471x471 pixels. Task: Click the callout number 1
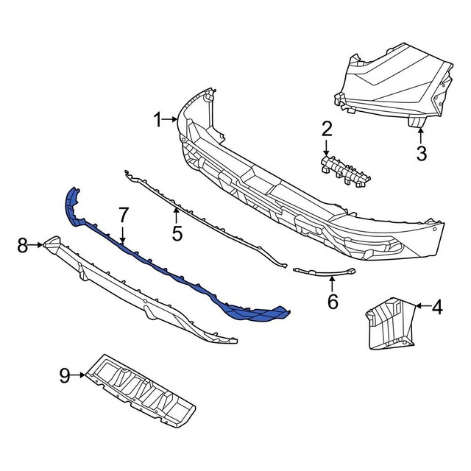157,118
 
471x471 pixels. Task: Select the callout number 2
326,130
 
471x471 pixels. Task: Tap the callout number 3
421,154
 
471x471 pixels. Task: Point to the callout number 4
437,308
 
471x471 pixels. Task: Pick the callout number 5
177,233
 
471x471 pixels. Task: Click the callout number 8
22,245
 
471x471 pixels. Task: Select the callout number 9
65,376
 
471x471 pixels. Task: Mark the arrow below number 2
326,147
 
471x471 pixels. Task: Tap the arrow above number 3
421,135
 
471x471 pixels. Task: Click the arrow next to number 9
79,376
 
